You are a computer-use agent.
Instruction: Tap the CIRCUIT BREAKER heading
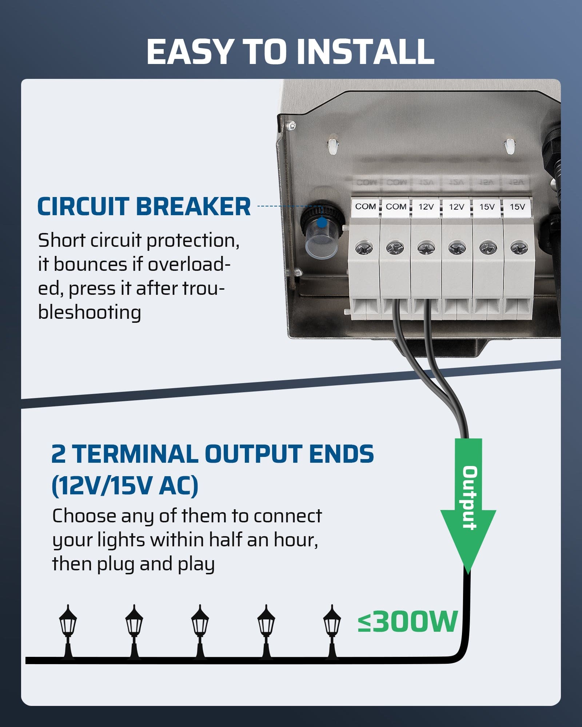(x=144, y=206)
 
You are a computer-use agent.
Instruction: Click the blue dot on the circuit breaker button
(x=322, y=222)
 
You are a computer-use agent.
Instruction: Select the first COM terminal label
(x=365, y=206)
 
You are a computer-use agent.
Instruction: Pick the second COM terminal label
(x=396, y=206)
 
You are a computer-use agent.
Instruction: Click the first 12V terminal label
(x=426, y=207)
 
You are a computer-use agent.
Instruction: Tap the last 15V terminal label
(x=517, y=207)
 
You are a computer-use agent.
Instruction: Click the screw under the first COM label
(x=364, y=249)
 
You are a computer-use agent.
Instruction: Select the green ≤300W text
(x=407, y=622)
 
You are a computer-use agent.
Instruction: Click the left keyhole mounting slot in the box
(x=332, y=146)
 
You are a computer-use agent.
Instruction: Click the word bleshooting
(x=89, y=313)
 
